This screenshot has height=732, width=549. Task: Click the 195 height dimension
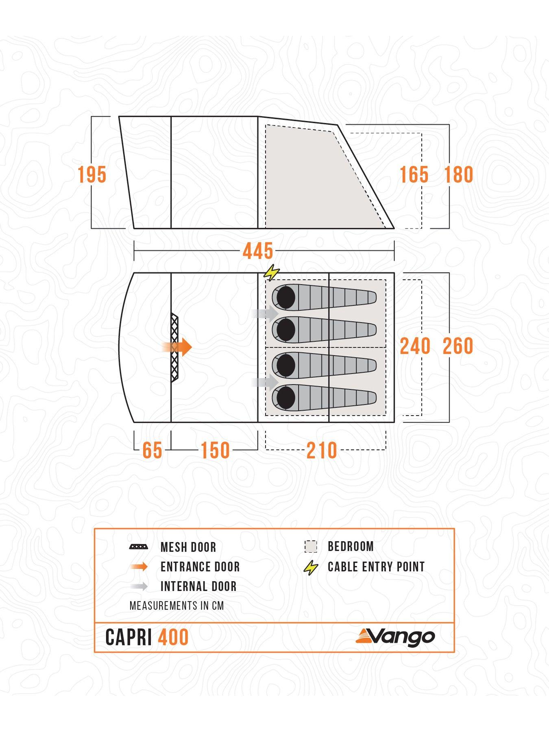(92, 175)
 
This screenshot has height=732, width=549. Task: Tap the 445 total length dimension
(258, 251)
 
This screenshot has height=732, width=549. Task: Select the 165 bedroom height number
(414, 175)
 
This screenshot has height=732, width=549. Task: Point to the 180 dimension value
(459, 175)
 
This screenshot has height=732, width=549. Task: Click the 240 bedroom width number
(415, 346)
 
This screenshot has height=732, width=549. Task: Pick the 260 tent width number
(458, 346)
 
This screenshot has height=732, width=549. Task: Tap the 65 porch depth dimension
(152, 451)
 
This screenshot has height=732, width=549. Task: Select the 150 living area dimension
(215, 451)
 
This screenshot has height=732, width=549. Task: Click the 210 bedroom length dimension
(322, 451)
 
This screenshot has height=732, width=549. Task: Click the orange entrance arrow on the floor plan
(177, 347)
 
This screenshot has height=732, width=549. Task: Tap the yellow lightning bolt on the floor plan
(272, 273)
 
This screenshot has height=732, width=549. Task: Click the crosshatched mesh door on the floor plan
(175, 347)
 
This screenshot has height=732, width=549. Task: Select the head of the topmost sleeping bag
(285, 297)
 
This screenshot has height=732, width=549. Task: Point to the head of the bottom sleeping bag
(285, 397)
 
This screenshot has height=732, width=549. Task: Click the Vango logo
(395, 637)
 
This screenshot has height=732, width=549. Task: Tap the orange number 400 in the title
(174, 637)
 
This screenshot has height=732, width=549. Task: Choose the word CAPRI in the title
(129, 637)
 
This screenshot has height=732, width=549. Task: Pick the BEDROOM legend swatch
(311, 547)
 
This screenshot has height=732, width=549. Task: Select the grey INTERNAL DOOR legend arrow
(139, 586)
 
